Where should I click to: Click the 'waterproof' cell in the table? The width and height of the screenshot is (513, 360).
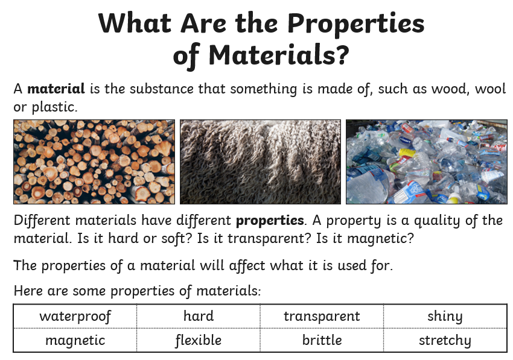coord(75,316)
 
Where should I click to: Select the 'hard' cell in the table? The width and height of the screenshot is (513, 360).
coord(199,316)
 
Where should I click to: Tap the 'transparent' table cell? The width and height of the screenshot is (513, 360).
coord(322,316)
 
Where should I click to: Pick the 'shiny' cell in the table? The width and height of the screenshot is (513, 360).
coord(445,316)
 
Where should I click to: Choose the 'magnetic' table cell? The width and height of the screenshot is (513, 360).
coord(75,340)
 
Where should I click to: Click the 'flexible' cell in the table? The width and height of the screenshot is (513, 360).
coord(199,340)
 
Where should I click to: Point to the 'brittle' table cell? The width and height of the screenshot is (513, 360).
coord(322,340)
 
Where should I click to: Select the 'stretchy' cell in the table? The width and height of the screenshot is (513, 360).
coord(445,340)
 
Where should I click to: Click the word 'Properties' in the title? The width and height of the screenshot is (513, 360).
coord(356,24)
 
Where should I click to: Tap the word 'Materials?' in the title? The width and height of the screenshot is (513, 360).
coord(279,55)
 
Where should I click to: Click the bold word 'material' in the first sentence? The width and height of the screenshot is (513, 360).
coord(56,89)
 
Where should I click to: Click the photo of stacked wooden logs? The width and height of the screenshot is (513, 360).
coord(94,162)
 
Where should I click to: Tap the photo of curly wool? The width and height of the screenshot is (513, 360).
coord(261,162)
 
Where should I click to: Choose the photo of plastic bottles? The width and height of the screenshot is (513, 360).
coord(427,162)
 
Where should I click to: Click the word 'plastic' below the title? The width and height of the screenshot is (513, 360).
coord(54,107)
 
